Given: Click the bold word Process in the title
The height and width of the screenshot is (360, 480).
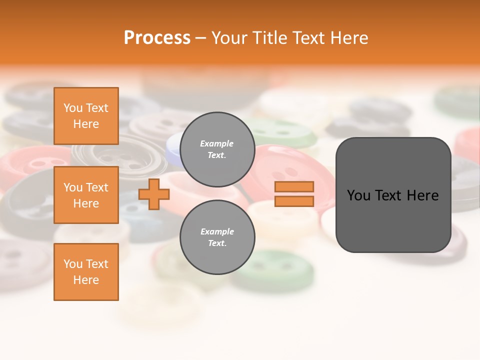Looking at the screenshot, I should click(157, 38).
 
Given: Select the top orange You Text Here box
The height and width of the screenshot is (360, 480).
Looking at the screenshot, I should click(86, 116).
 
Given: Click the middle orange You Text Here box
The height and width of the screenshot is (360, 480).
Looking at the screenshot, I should click(86, 195).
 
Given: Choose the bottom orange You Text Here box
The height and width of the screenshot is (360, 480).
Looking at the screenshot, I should click(86, 272).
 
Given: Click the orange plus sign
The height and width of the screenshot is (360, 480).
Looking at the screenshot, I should click(154, 194).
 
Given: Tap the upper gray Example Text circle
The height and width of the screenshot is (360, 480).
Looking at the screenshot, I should click(217, 149).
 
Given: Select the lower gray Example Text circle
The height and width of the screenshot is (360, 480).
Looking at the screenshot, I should click(217, 237).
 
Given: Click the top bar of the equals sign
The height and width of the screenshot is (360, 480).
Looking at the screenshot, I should click(294, 187).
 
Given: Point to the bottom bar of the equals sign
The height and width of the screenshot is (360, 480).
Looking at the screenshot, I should click(294, 201).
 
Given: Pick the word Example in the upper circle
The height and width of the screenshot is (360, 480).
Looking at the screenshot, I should click(217, 144).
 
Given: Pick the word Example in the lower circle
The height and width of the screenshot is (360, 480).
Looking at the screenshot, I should click(217, 232).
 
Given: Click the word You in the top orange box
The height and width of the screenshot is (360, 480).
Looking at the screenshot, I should click(73, 108).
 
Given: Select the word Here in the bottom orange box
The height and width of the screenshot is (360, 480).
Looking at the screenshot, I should click(86, 280).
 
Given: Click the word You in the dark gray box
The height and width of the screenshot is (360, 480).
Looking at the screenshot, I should click(358, 195).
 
